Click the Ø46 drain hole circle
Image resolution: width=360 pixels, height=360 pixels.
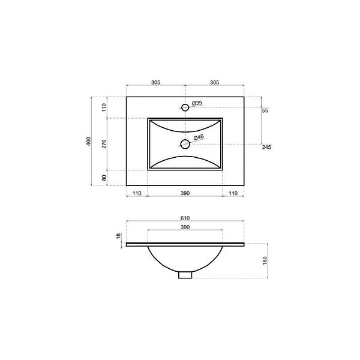(x=181, y=145)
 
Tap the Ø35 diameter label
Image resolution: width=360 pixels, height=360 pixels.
(x=197, y=103)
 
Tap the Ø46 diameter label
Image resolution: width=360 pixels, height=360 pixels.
(x=199, y=137)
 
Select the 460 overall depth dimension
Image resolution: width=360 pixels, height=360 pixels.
(x=89, y=141)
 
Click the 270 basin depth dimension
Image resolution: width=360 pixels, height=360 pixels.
(x=104, y=144)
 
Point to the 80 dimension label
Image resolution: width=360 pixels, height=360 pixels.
(x=104, y=178)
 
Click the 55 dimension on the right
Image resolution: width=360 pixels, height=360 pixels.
(x=265, y=110)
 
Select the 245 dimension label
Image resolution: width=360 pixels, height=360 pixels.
(x=266, y=147)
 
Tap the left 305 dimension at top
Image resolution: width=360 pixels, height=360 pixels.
(x=155, y=82)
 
